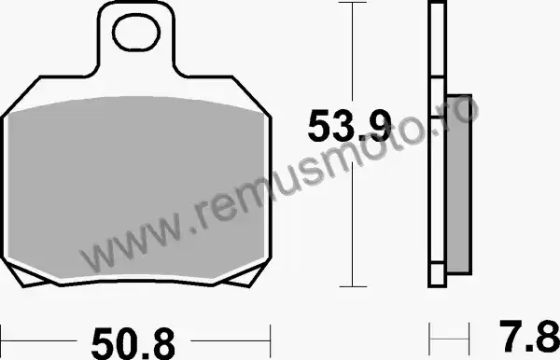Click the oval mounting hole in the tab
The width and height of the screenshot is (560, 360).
click(136, 34)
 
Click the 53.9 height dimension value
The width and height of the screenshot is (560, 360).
click(350, 126)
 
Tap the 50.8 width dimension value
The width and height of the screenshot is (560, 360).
click(133, 343)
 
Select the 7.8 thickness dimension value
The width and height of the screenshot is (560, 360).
click(529, 336)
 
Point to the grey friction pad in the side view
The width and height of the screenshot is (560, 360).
click(459, 185)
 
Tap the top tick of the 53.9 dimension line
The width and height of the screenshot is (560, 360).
click(353, 3)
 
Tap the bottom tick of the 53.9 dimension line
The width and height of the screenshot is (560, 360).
click(353, 286)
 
